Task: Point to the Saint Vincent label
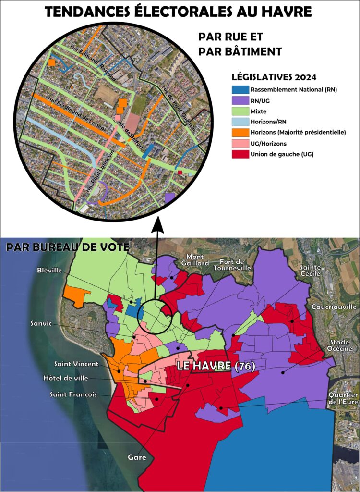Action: pyautogui.click(x=76, y=364)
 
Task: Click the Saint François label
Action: pyautogui.click(x=73, y=394)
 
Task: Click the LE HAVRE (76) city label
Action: pyautogui.click(x=216, y=366)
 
